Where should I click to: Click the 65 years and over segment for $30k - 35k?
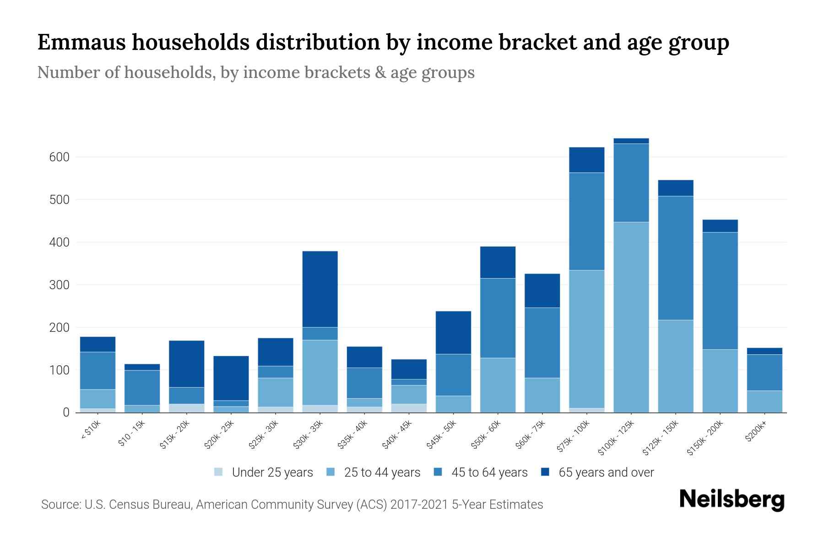tap(320, 289)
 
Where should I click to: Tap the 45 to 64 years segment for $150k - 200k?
tap(720, 291)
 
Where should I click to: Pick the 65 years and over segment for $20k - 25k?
tap(231, 378)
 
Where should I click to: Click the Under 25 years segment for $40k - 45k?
tap(409, 408)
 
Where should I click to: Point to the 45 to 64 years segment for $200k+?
tap(764, 372)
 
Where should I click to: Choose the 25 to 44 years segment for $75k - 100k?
tap(586, 339)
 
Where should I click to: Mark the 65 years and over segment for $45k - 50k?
tap(453, 332)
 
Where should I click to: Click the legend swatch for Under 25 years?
tap(219, 472)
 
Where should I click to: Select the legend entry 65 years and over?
tap(606, 472)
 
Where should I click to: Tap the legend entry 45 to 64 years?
tap(489, 472)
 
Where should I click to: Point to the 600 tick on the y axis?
tap(59, 157)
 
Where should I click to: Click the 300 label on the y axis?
tap(59, 285)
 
